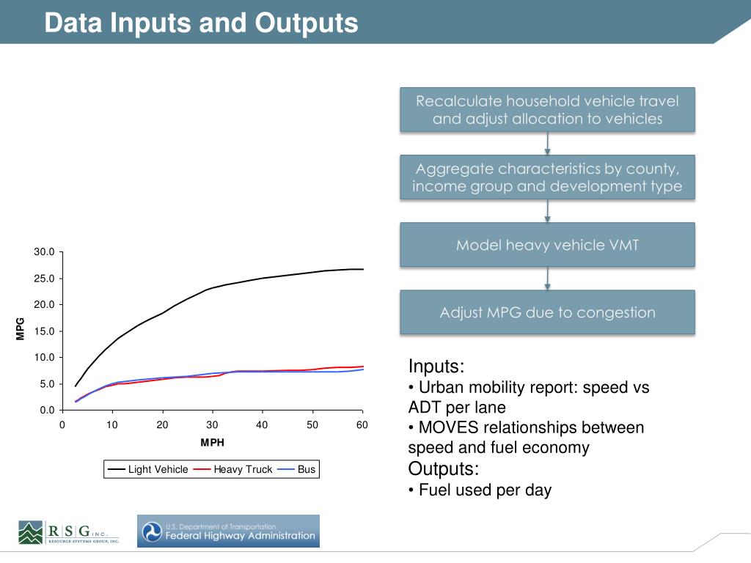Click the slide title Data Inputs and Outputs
[200, 23]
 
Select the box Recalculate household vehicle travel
[547, 110]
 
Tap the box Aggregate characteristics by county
[547, 177]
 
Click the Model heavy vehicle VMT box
[547, 245]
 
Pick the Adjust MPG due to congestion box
[547, 312]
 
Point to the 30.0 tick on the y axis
[44, 252]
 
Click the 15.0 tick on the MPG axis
[44, 331]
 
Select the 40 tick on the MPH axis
[262, 425]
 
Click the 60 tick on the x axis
[362, 425]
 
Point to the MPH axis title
[212, 443]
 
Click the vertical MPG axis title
[21, 328]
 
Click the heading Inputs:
[436, 367]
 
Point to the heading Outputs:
[443, 469]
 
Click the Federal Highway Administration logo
[228, 531]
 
